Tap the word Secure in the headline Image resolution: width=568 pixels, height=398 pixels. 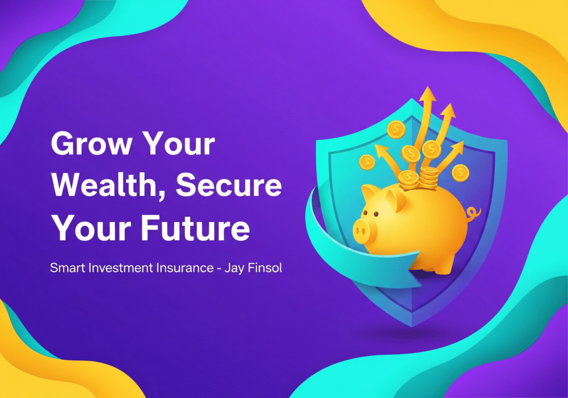(229, 184)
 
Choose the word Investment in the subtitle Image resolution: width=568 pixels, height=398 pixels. (121, 268)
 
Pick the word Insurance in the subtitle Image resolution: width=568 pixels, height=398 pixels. (185, 268)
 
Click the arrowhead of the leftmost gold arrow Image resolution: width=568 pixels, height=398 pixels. (381, 150)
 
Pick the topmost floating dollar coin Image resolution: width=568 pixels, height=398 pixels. (396, 129)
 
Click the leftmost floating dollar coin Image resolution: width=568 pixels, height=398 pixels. (367, 162)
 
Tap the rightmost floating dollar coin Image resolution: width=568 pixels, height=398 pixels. (460, 173)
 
